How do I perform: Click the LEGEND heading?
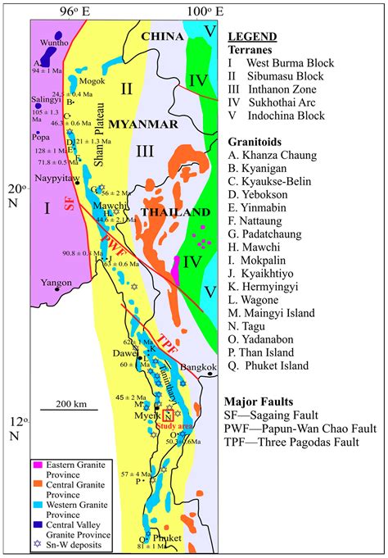pyautogui.click(x=251, y=37)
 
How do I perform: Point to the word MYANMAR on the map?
pyautogui.click(x=150, y=124)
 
